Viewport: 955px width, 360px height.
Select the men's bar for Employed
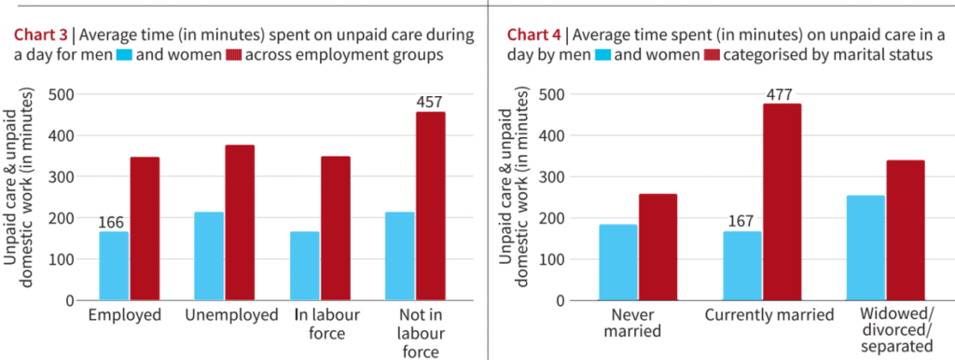[114, 266]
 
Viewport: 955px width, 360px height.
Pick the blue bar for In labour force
[305, 266]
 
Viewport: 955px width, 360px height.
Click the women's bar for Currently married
[782, 202]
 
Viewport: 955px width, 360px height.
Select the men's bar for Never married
[618, 262]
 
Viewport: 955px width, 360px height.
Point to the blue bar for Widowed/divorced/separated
[866, 248]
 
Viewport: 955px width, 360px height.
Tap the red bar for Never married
[657, 247]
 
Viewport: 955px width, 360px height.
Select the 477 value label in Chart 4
[779, 94]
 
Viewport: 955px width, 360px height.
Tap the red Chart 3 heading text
[41, 35]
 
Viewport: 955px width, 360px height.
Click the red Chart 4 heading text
[534, 35]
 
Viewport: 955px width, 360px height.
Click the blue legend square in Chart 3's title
[124, 56]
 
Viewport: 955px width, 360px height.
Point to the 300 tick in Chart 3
[61, 176]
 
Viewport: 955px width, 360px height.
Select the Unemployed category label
[230, 315]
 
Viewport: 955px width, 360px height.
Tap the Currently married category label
[769, 316]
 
